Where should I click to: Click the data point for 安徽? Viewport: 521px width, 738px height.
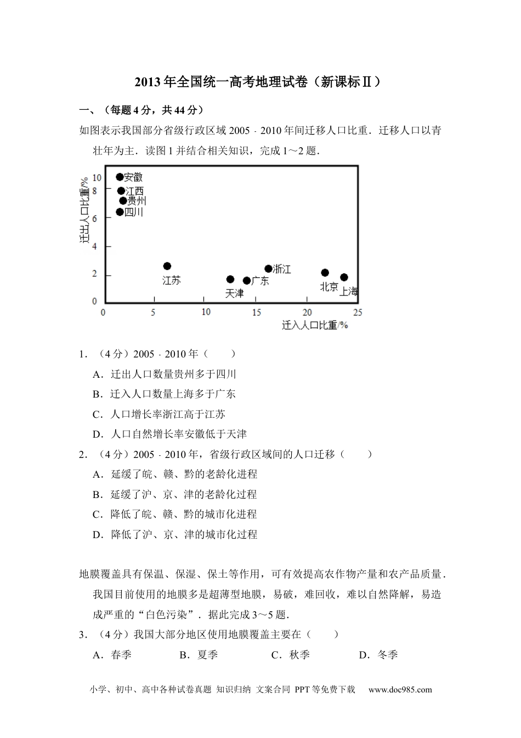[x=120, y=177]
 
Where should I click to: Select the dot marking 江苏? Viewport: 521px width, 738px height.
[x=167, y=266]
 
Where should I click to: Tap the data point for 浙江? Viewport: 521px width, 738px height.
[x=268, y=269]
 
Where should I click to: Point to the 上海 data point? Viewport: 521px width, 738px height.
[x=344, y=277]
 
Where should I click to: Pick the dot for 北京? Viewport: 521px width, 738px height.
[x=325, y=273]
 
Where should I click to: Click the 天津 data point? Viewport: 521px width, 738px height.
[x=230, y=279]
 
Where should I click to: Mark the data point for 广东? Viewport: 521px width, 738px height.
[x=247, y=281]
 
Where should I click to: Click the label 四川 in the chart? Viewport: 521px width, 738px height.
[x=134, y=212]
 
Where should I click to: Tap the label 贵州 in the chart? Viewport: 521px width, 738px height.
[x=137, y=201]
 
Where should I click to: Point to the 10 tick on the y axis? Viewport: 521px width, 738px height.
[x=97, y=177]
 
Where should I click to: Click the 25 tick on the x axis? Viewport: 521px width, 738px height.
[x=358, y=312]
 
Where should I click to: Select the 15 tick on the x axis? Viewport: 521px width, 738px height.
[x=256, y=312]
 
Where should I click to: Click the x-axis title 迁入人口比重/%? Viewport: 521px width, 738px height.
[x=315, y=325]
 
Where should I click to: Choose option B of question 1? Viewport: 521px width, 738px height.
[x=165, y=394]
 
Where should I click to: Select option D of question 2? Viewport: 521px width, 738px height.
[x=175, y=534]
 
